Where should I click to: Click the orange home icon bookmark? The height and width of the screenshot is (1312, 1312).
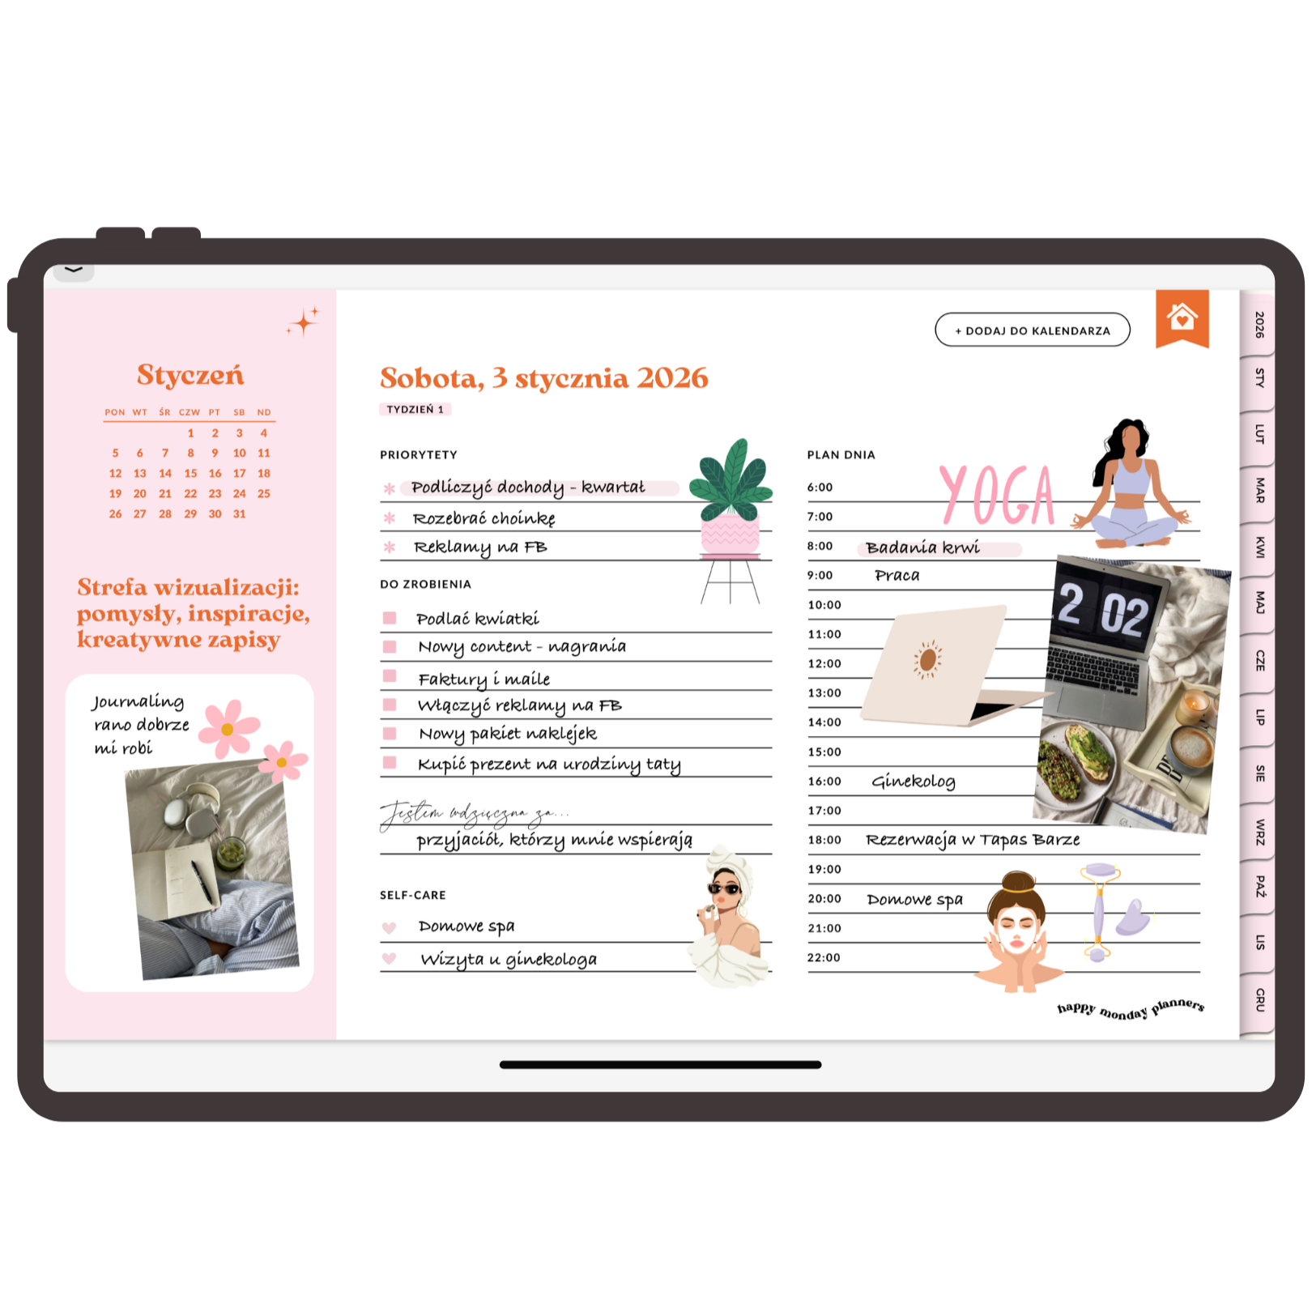(1182, 317)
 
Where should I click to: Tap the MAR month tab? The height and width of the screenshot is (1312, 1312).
(1258, 490)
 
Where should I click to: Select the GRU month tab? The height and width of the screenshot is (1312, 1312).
(1258, 999)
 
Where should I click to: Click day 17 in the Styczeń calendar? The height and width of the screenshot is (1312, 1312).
(240, 473)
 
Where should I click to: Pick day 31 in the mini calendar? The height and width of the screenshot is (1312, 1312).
(240, 513)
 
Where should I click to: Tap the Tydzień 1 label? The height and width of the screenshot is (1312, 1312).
(415, 410)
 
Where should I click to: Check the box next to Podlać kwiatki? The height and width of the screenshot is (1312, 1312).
(390, 618)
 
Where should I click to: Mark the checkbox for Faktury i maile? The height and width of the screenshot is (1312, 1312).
(390, 675)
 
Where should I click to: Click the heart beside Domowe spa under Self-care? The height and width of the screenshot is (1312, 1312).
(389, 927)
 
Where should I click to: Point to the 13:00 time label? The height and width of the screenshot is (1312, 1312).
(824, 693)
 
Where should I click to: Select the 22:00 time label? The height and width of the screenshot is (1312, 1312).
(824, 958)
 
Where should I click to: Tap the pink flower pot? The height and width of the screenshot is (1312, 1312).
(730, 535)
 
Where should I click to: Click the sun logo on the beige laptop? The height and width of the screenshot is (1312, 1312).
(928, 659)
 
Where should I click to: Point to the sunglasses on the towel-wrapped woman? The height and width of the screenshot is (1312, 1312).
(725, 889)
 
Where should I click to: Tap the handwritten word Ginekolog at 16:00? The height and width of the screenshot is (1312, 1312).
(914, 782)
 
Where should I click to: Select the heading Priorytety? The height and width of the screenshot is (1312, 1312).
(419, 455)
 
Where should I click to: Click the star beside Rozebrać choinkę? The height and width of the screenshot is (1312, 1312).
(390, 518)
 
